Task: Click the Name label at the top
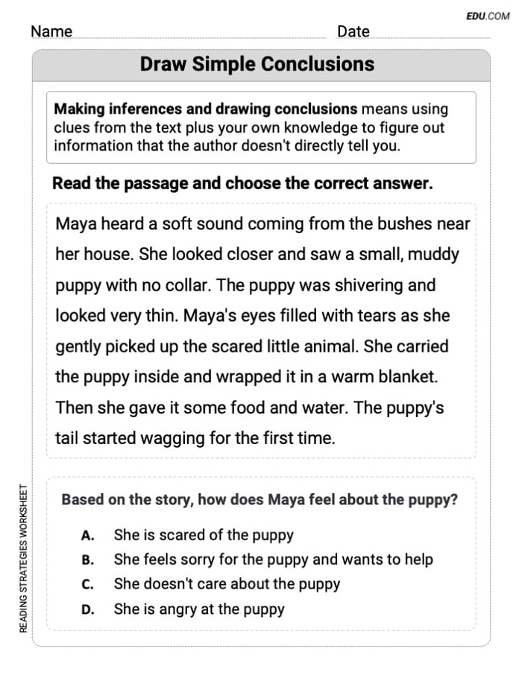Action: click(51, 31)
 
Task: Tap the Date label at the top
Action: click(353, 31)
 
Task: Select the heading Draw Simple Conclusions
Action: click(257, 64)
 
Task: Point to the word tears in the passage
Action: click(365, 315)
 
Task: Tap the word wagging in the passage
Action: click(175, 438)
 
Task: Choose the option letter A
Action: click(87, 535)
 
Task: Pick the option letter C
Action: click(87, 584)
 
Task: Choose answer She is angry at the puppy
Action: click(199, 609)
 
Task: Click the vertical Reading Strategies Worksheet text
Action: click(23, 559)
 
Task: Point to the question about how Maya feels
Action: click(260, 500)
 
